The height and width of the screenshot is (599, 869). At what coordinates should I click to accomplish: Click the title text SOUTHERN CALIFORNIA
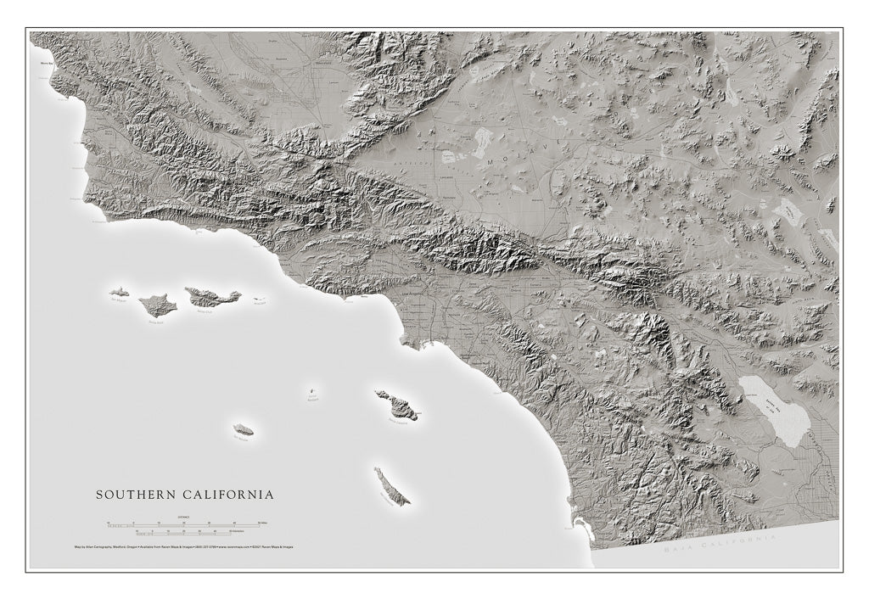184,494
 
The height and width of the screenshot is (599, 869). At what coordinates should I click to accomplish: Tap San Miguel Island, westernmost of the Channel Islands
119,292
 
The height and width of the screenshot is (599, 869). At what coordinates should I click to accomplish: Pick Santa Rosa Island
158,305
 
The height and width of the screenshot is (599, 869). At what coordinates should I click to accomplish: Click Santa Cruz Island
212,297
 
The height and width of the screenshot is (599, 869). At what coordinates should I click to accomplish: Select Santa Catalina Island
397,405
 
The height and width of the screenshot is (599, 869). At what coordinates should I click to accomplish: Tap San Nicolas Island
244,430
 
